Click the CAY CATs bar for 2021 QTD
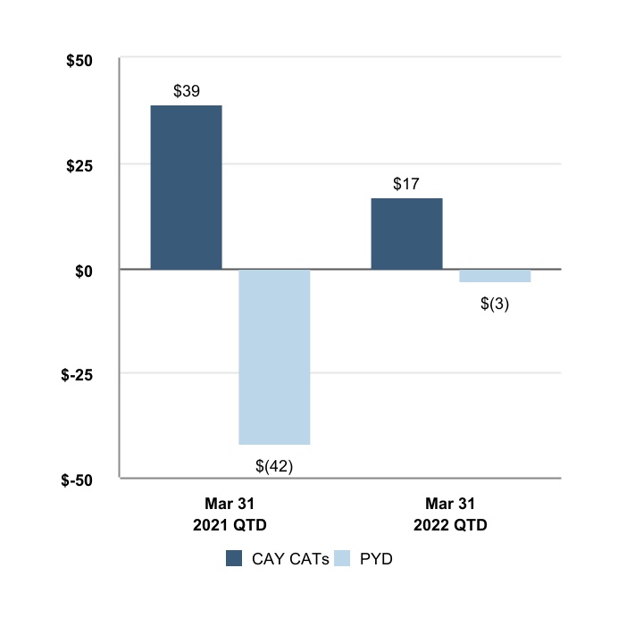tap(186, 188)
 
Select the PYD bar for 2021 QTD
tap(274, 356)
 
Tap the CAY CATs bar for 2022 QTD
tap(406, 233)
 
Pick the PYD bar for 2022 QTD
tap(495, 276)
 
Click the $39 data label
tap(186, 91)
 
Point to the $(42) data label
tap(274, 464)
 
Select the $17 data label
tap(406, 184)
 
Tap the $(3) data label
tap(495, 304)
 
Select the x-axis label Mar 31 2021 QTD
tap(230, 514)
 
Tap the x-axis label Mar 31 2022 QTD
tap(450, 514)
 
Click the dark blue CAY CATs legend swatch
tap(235, 559)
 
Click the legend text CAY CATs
tap(290, 560)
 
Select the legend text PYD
tap(376, 560)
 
